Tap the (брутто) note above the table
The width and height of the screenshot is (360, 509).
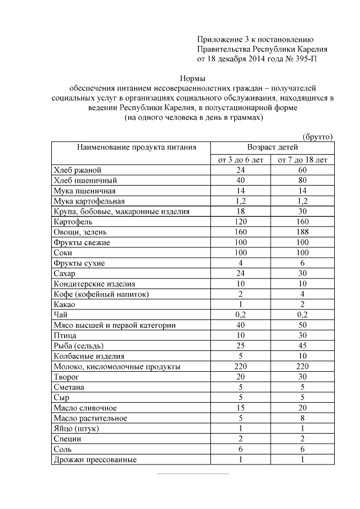(x=318, y=137)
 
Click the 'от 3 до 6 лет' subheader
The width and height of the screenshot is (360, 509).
(x=240, y=160)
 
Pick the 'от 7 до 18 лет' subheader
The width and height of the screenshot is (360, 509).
(x=303, y=160)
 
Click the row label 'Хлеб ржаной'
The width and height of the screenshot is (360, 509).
(x=78, y=170)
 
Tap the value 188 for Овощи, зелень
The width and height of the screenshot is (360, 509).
(x=303, y=232)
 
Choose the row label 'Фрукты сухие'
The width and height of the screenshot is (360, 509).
(x=79, y=263)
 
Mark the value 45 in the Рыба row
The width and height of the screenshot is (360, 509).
(x=303, y=345)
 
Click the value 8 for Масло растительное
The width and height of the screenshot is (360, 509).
(x=303, y=418)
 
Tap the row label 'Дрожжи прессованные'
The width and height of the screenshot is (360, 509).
(x=96, y=460)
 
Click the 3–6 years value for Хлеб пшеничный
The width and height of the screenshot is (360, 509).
(x=240, y=181)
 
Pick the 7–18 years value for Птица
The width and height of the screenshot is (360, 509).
(x=303, y=335)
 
